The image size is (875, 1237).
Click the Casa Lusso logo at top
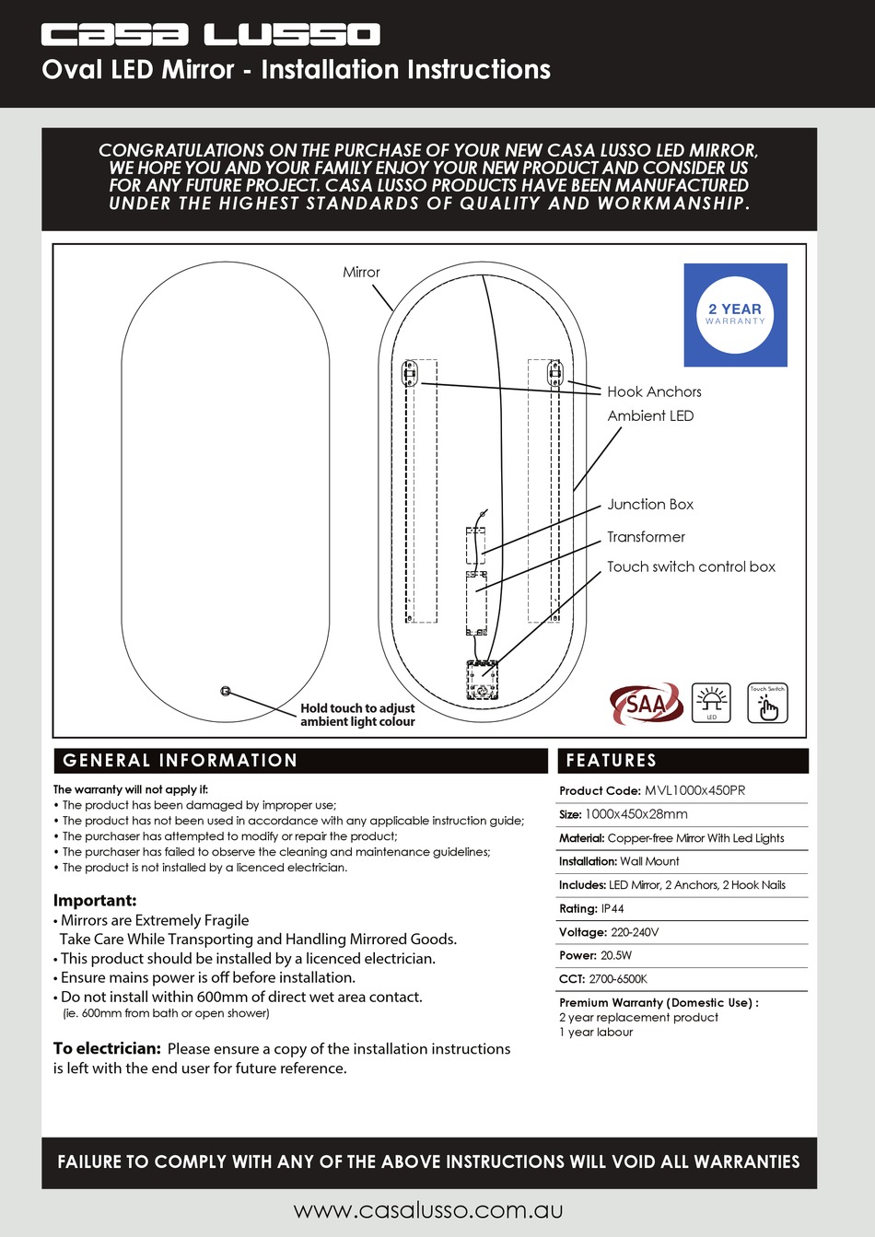(x=210, y=35)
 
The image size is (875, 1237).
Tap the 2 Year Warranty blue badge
(x=735, y=315)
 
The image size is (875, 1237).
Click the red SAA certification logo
(x=646, y=705)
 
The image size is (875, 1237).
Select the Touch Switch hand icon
(x=767, y=705)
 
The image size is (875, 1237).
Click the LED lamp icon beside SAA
(x=711, y=703)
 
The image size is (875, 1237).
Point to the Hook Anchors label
(x=654, y=391)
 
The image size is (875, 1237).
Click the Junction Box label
(x=650, y=504)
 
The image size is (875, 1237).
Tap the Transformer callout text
(x=646, y=537)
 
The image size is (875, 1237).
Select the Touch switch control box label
(x=691, y=566)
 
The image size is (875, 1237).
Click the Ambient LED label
(x=650, y=415)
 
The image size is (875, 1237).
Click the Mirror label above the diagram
(x=361, y=272)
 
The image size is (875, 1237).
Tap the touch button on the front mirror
(x=226, y=691)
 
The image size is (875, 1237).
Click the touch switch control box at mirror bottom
(x=482, y=680)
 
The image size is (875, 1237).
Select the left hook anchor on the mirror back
(x=410, y=373)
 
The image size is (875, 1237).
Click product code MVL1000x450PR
(x=694, y=790)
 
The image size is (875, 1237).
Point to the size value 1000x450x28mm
(x=636, y=814)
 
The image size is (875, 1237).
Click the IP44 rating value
(x=612, y=908)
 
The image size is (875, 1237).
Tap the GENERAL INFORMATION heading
(x=181, y=760)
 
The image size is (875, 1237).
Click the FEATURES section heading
(x=611, y=760)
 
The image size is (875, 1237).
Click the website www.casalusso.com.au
(x=428, y=1209)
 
